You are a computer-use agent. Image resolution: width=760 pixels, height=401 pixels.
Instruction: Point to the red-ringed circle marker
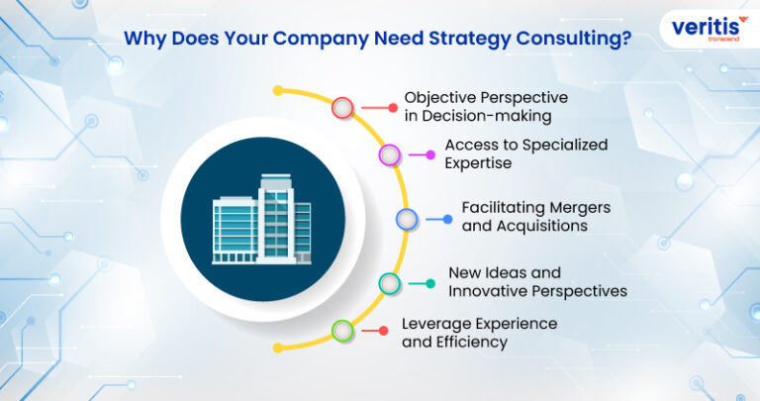point(343,108)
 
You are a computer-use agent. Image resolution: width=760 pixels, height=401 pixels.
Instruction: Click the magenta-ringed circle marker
point(390,154)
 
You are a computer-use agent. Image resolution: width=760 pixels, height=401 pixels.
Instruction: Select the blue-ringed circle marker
point(406,219)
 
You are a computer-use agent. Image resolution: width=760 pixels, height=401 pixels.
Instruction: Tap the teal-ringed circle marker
point(390,282)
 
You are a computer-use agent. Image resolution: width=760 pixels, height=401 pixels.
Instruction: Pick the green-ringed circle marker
point(342,331)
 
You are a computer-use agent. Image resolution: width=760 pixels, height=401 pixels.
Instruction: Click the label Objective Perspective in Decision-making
point(485,108)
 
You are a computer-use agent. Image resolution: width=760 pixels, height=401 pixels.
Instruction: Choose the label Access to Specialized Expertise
point(525,154)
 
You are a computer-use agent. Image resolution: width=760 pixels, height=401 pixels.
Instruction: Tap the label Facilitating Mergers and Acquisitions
point(535,217)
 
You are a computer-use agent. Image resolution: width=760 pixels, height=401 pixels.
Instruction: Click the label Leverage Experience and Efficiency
point(479,333)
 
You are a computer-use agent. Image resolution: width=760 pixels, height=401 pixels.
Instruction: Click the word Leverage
point(433,324)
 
